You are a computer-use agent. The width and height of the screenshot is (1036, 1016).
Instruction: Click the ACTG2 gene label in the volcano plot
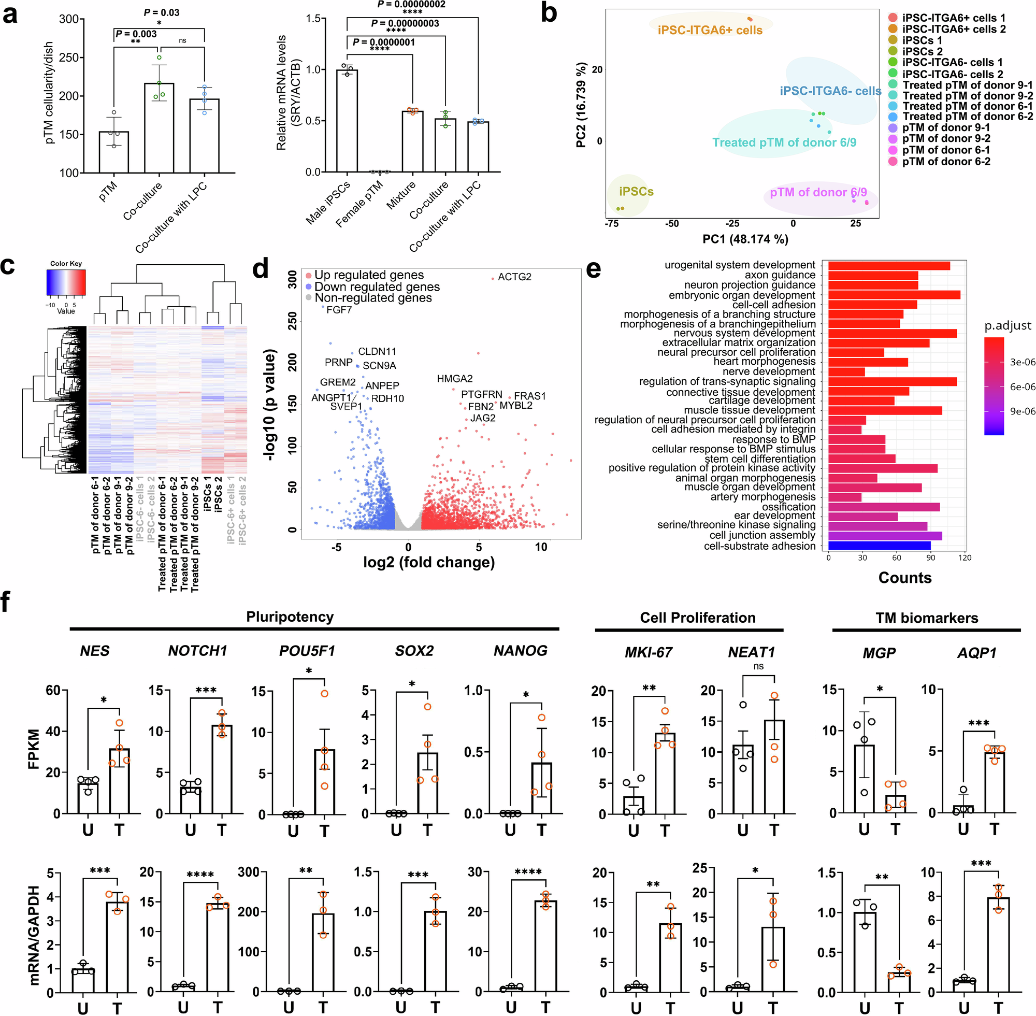(x=514, y=277)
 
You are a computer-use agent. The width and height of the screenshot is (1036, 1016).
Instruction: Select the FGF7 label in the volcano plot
(x=339, y=310)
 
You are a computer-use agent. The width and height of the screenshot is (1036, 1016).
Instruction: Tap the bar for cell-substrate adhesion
(x=879, y=546)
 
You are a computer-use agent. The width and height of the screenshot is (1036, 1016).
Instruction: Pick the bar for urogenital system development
(x=889, y=266)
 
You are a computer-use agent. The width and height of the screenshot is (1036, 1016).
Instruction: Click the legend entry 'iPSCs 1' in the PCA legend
(x=922, y=40)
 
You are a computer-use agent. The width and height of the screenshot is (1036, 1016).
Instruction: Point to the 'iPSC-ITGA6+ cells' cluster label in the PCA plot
(x=710, y=31)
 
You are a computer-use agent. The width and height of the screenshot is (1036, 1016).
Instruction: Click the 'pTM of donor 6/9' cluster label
(x=818, y=192)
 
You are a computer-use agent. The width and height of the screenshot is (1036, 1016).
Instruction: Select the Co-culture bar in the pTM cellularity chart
(x=159, y=128)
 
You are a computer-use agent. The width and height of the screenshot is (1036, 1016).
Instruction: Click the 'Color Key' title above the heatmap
(x=66, y=264)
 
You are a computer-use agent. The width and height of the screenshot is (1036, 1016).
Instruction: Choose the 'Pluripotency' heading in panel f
(x=290, y=617)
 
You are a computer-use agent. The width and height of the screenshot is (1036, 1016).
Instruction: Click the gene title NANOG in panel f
(x=520, y=651)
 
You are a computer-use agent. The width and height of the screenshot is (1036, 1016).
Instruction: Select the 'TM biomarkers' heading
(x=927, y=618)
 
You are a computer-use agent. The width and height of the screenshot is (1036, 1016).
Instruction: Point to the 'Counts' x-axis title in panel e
(x=905, y=578)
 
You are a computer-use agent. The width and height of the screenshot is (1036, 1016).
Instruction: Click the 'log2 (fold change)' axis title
(x=428, y=563)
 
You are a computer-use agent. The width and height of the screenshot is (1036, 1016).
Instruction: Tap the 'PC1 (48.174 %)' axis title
(x=745, y=239)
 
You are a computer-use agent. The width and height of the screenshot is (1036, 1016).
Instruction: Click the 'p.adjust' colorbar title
(x=1007, y=325)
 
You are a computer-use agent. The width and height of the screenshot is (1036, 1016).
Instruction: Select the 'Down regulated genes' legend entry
(x=377, y=287)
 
